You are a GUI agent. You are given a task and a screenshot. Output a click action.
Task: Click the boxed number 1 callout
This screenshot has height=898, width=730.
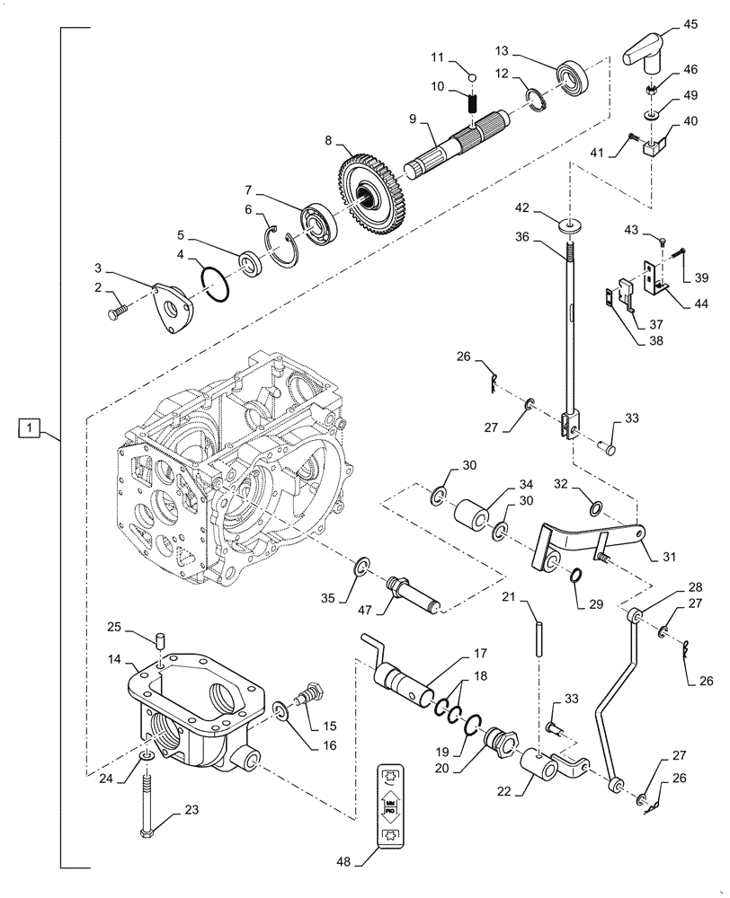pos(30,427)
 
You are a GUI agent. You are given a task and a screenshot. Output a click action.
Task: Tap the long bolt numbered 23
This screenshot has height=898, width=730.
pos(147,801)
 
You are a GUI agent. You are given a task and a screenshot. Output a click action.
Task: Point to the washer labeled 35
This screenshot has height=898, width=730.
pos(361,567)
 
